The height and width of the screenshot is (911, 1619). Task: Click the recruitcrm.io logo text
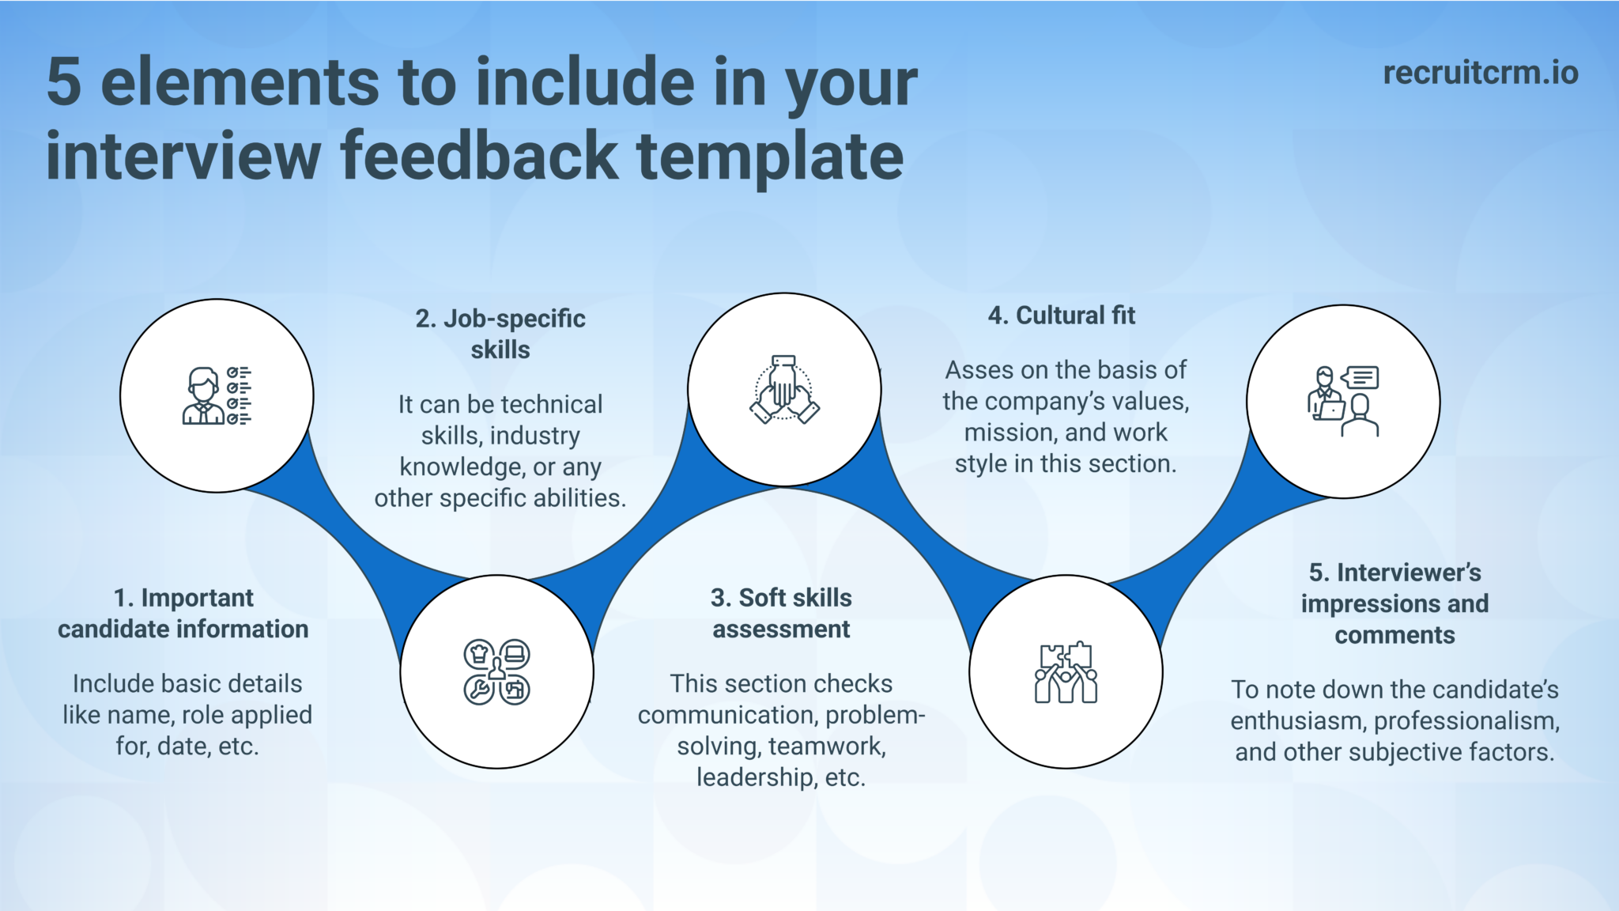[x=1480, y=73]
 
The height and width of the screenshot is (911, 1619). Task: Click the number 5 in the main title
[x=64, y=82]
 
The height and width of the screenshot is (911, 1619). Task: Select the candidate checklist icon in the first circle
[x=217, y=395]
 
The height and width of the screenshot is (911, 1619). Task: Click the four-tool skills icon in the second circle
[x=496, y=671]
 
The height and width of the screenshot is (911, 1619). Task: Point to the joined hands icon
[x=784, y=389]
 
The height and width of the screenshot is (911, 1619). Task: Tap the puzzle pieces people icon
[x=1066, y=673]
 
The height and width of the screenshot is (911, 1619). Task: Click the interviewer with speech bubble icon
[x=1343, y=402]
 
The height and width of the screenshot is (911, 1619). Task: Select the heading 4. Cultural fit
[x=1061, y=316]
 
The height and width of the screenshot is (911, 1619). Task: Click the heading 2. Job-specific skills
[x=500, y=334]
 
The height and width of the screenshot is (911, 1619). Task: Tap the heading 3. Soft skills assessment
[x=781, y=613]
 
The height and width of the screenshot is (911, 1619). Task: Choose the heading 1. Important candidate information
[x=183, y=613]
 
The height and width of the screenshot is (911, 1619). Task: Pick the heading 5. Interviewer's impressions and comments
[x=1394, y=603]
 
